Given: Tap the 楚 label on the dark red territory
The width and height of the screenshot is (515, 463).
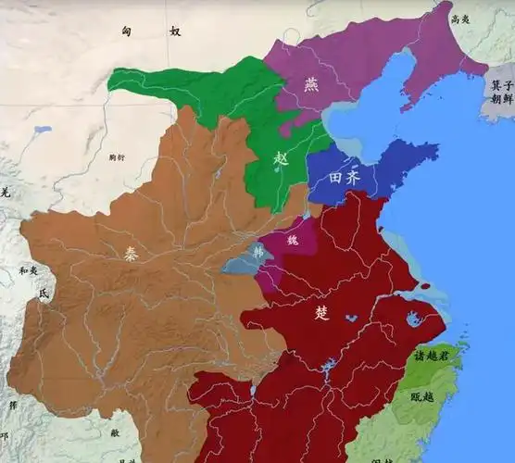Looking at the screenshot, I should tap(321, 313).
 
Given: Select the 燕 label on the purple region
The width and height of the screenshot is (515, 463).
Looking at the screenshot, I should tap(311, 84).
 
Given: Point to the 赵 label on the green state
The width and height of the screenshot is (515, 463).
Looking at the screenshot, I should tap(282, 158).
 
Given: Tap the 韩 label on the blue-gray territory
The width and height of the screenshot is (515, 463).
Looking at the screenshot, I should tap(257, 250).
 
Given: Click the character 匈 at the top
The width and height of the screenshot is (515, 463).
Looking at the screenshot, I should tap(127, 31).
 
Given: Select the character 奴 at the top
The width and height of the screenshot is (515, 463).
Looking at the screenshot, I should tap(174, 31).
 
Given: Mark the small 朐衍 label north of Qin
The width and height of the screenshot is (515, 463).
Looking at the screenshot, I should tap(116, 158).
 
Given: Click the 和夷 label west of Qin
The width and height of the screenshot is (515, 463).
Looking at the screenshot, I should tap(29, 271).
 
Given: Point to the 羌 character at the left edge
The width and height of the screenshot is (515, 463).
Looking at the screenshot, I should tap(5, 192).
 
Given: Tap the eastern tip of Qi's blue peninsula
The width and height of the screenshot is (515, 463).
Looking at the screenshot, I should tap(437, 148).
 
